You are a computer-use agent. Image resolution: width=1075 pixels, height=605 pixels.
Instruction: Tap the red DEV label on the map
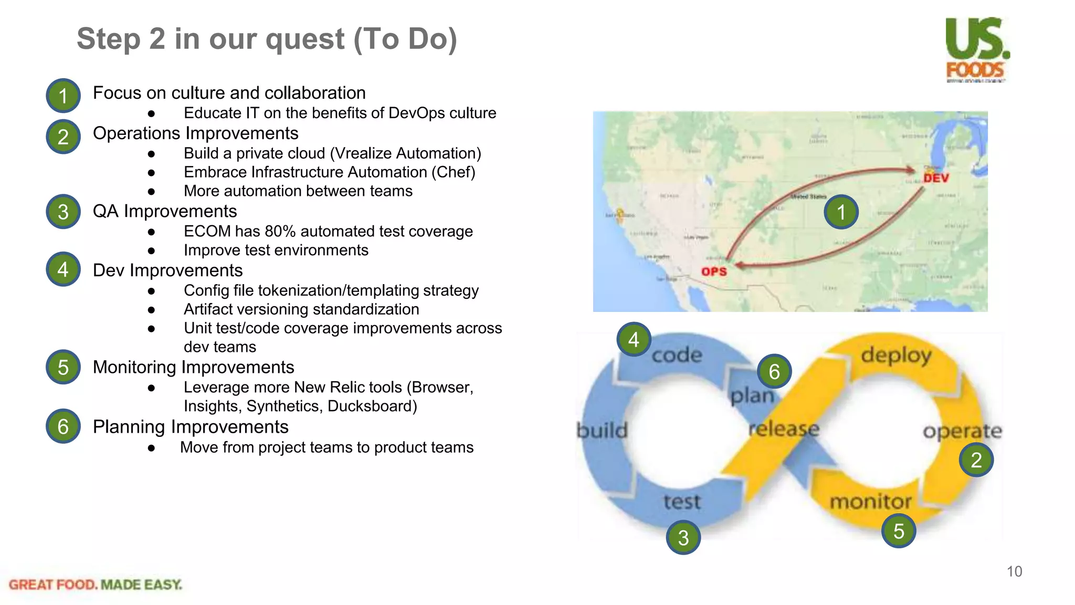click(936, 179)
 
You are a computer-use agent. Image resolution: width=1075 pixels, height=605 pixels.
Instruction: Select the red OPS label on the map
click(714, 272)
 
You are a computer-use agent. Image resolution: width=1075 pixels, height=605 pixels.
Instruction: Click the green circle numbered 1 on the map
click(841, 212)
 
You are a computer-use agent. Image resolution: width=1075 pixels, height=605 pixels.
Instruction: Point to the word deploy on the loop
click(896, 356)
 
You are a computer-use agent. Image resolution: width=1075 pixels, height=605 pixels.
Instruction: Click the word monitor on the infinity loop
click(870, 502)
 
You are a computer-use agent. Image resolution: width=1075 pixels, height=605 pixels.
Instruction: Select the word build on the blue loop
click(602, 431)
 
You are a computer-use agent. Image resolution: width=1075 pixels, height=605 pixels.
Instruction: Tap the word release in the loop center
click(783, 429)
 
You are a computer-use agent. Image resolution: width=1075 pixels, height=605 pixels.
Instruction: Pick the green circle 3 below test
click(683, 537)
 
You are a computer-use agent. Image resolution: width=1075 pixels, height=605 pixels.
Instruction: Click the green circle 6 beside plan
click(774, 371)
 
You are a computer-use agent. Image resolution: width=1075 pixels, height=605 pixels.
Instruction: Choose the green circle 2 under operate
click(976, 460)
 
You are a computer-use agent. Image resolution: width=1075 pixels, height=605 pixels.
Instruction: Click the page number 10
click(1014, 571)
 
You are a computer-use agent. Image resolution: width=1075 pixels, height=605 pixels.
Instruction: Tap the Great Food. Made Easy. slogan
click(96, 585)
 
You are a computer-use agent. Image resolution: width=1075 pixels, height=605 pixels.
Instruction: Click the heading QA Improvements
click(165, 211)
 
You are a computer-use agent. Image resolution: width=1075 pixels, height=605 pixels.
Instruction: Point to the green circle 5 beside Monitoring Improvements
click(63, 367)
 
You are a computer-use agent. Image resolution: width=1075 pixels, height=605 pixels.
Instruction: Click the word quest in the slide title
click(305, 39)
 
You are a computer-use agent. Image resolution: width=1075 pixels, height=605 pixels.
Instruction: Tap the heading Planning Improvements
click(191, 427)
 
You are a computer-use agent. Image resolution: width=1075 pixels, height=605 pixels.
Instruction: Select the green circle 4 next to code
click(634, 340)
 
